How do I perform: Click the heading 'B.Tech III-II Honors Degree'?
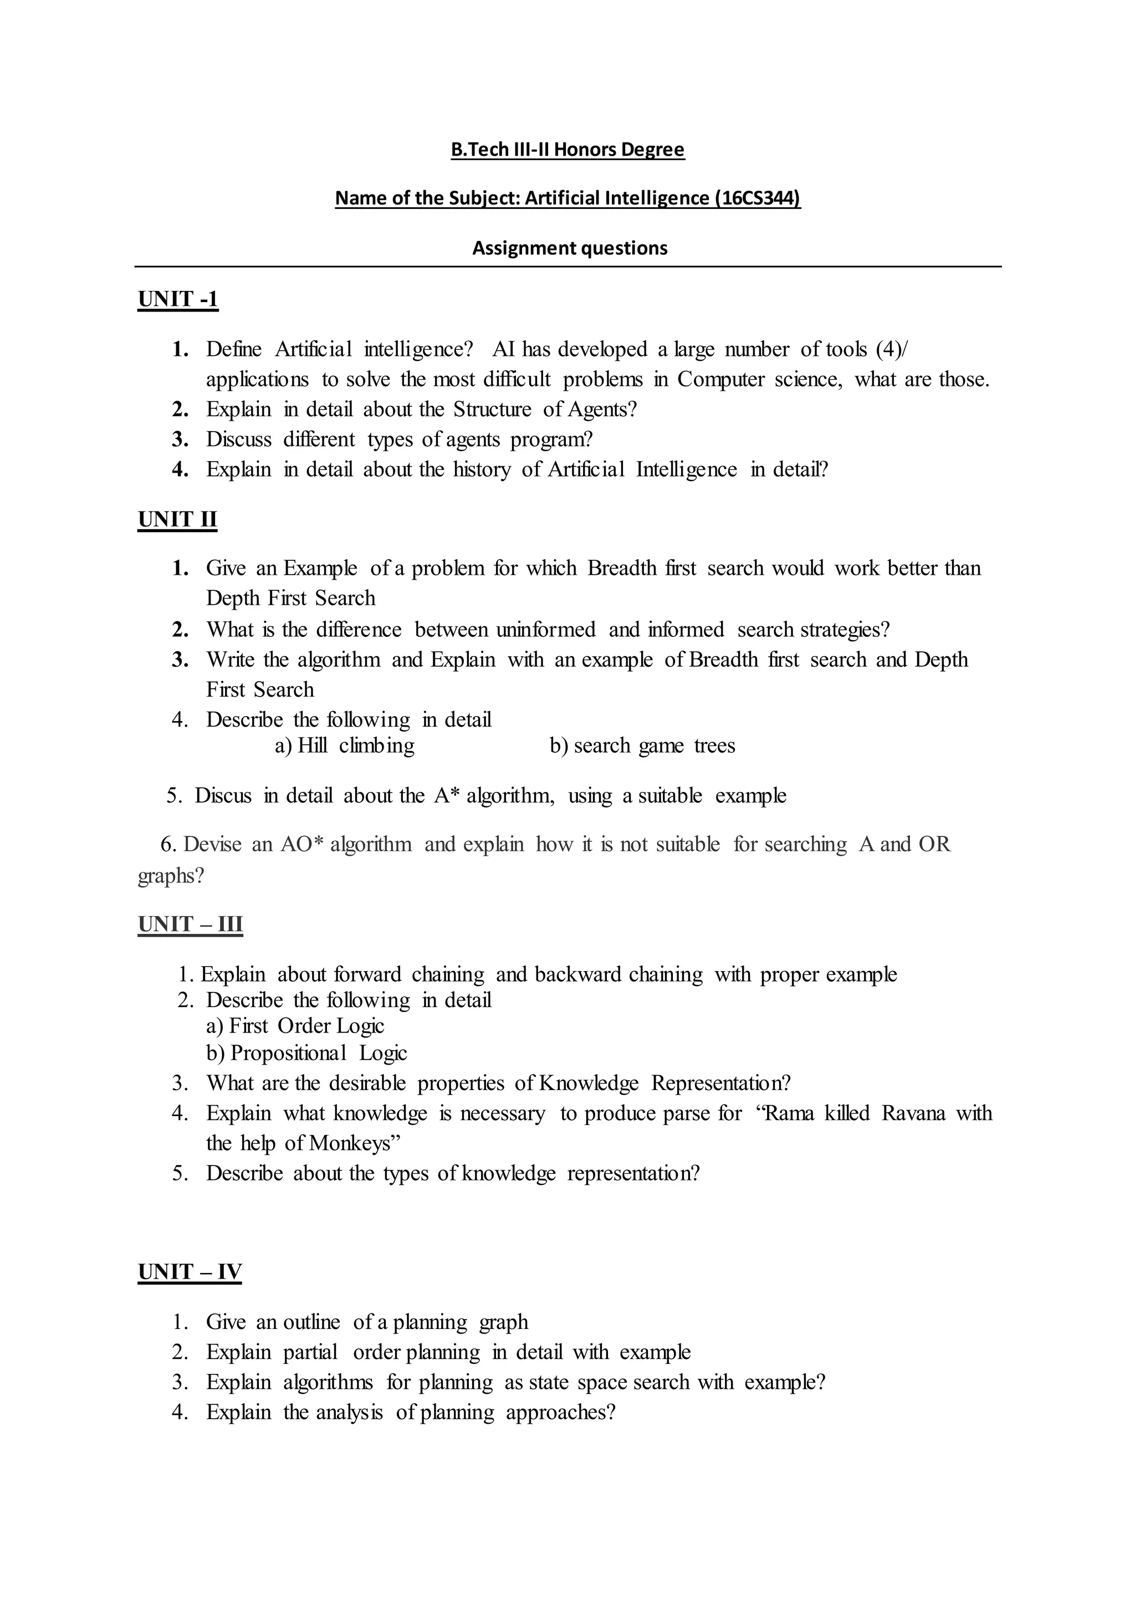(x=567, y=150)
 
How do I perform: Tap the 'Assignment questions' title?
(x=570, y=248)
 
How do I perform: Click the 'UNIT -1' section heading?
(x=178, y=299)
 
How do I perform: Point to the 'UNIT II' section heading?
(x=177, y=519)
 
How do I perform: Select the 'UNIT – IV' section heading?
(x=190, y=1271)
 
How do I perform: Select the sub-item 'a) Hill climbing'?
(x=345, y=746)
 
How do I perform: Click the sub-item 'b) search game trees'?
(x=642, y=746)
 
